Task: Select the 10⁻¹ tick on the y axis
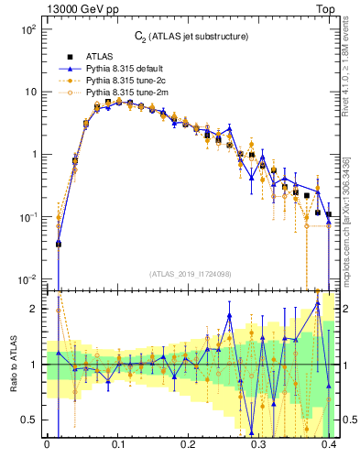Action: click(x=26, y=216)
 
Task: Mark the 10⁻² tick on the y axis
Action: click(x=26, y=278)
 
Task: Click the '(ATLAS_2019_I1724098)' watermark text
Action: click(x=190, y=274)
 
